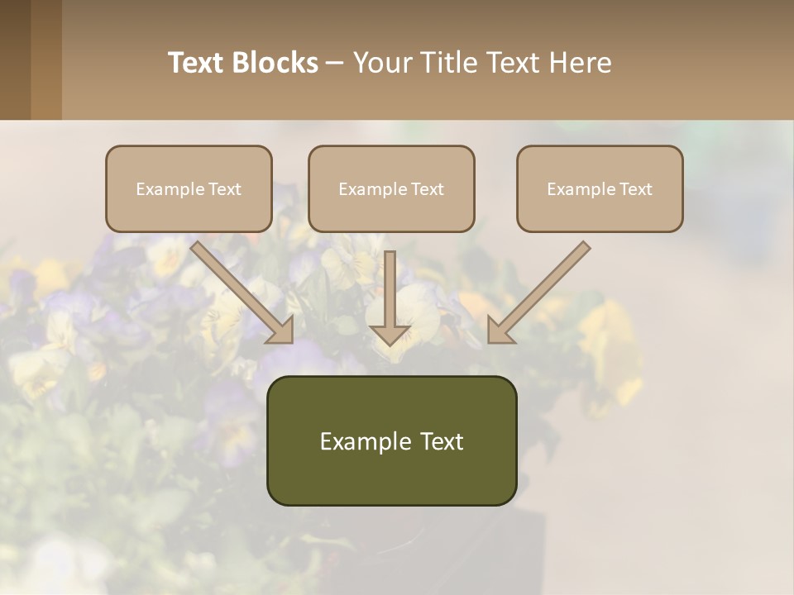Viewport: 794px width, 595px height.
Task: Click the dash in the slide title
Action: [335, 63]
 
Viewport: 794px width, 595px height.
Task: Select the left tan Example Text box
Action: [189, 188]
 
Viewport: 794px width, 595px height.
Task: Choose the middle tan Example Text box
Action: [391, 188]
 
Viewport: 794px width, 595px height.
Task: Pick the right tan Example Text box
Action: [600, 188]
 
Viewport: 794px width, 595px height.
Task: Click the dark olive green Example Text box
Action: [391, 440]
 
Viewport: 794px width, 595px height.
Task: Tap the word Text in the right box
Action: [635, 189]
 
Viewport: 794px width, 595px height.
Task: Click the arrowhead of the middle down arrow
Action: [390, 334]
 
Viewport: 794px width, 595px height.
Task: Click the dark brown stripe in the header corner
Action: [15, 59]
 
